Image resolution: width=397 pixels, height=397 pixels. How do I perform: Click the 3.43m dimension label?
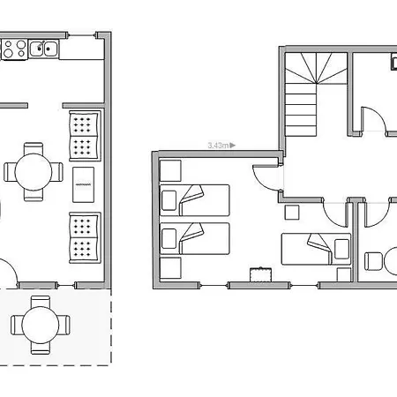[218, 146]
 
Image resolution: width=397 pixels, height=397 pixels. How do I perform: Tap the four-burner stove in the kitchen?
[14, 49]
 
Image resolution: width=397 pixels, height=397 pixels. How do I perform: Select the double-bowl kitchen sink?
[44, 49]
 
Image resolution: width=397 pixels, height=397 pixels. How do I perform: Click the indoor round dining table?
[34, 172]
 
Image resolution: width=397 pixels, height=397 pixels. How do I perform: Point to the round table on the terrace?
[41, 325]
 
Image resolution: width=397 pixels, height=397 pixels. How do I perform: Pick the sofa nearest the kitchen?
[85, 136]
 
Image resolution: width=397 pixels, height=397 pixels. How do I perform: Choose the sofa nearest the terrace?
[85, 237]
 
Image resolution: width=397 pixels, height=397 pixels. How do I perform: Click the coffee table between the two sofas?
[84, 184]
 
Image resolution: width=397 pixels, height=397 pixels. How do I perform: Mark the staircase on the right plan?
[316, 94]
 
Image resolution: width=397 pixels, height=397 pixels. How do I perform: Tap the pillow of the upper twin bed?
[169, 200]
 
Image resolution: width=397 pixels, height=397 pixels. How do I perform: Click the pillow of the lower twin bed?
[169, 238]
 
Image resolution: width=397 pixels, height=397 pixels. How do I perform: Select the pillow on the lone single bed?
[341, 249]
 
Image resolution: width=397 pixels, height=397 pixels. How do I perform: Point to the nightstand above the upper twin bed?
[170, 170]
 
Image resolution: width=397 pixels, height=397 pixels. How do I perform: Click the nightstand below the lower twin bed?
[170, 268]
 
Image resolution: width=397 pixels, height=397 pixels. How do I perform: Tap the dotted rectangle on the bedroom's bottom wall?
[261, 274]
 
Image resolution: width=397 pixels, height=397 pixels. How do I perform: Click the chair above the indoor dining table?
[34, 148]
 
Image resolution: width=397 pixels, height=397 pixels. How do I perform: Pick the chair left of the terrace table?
[17, 325]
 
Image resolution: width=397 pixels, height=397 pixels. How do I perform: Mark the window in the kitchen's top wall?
[82, 35]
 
